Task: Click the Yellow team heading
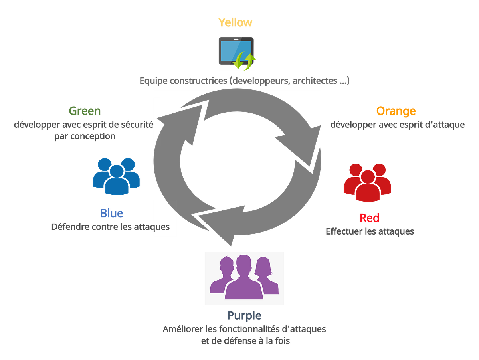[235, 22]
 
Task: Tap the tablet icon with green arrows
[237, 53]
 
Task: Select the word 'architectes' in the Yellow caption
[315, 81]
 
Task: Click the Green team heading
[85, 111]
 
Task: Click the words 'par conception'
[85, 136]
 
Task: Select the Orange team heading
[396, 111]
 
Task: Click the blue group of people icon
[116, 176]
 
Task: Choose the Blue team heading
[111, 213]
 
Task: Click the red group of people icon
[368, 182]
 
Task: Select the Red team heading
[370, 218]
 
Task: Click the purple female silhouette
[267, 275]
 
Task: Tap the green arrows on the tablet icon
[244, 61]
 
